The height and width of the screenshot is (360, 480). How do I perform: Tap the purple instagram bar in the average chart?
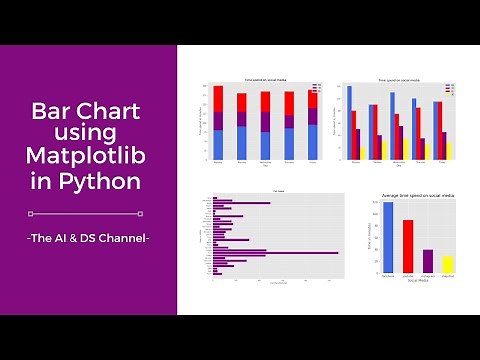pyautogui.click(x=428, y=261)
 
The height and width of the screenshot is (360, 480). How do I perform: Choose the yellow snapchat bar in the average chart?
pyautogui.click(x=448, y=264)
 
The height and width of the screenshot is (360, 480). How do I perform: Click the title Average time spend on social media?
pyautogui.click(x=418, y=194)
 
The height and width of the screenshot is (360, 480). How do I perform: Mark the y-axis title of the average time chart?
pyautogui.click(x=371, y=236)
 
